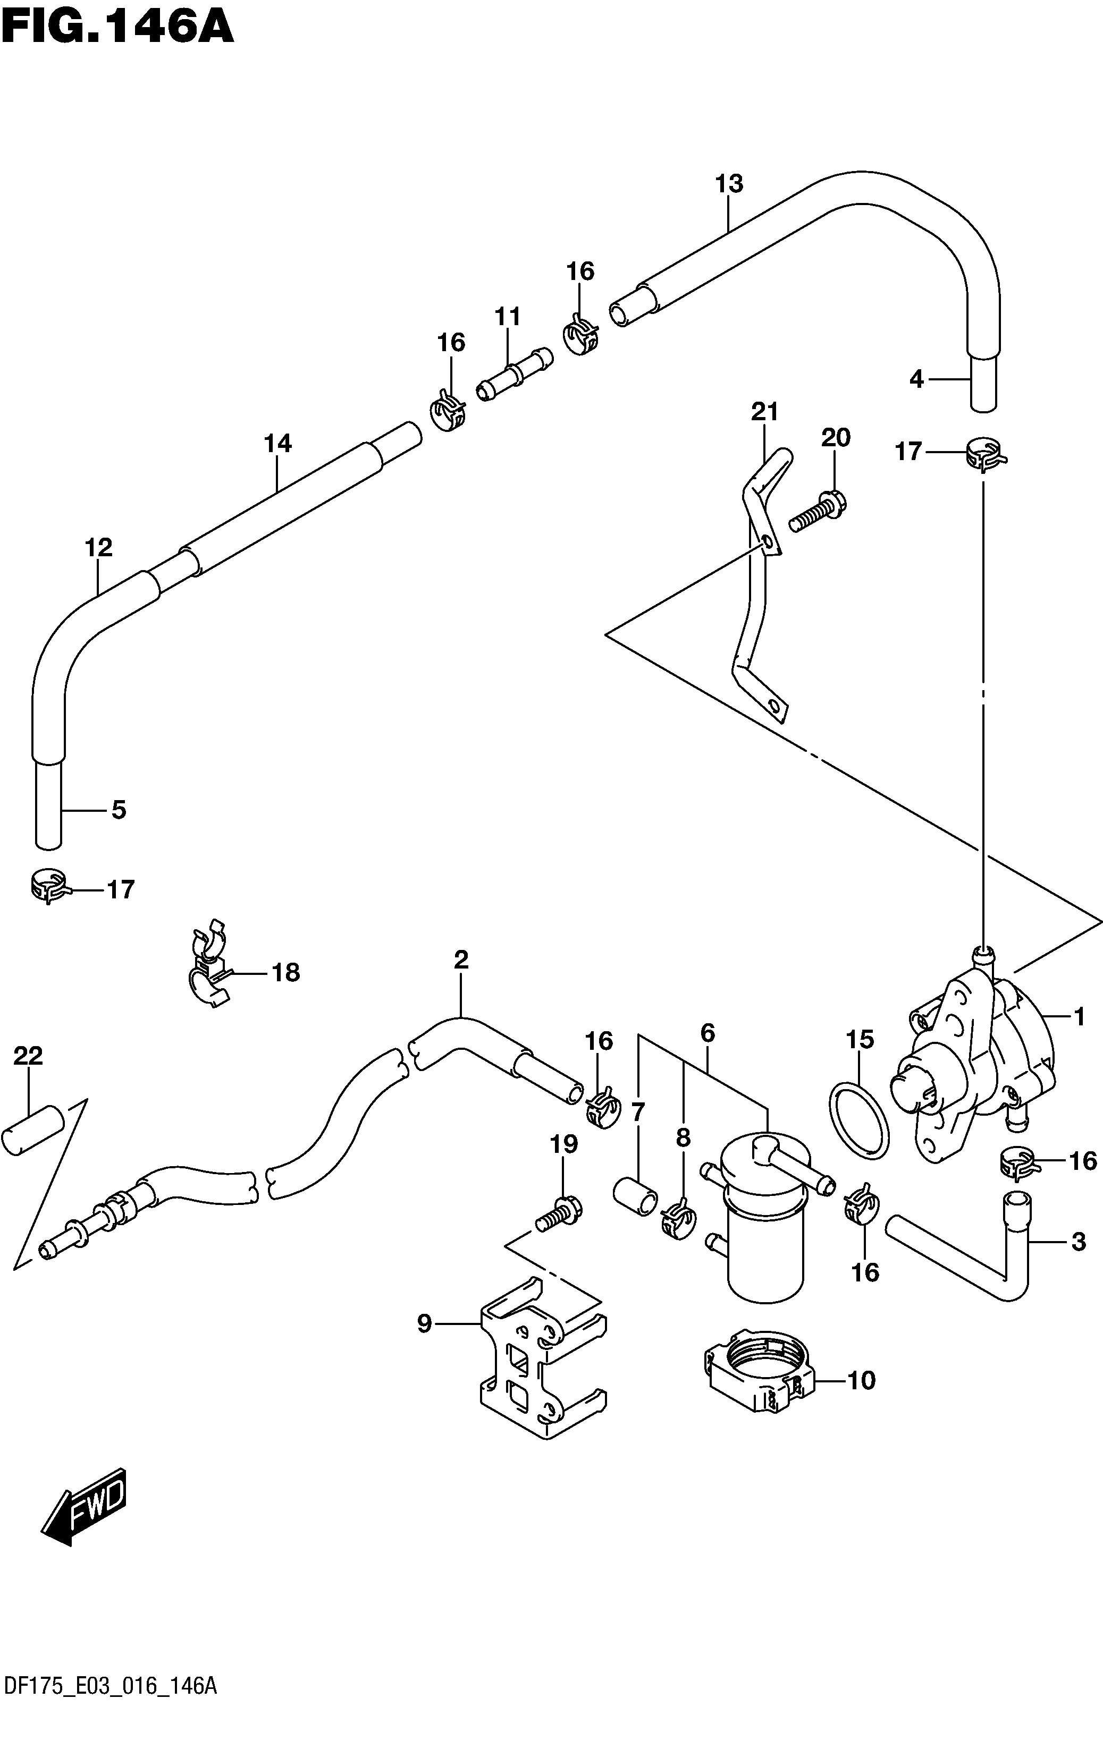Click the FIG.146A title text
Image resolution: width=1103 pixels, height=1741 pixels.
tap(116, 27)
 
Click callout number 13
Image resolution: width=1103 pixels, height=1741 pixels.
tap(729, 184)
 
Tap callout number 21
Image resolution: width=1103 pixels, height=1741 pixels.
tap(764, 412)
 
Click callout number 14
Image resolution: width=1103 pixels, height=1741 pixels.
tap(277, 443)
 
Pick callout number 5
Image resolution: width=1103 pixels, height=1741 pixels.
tap(119, 810)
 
